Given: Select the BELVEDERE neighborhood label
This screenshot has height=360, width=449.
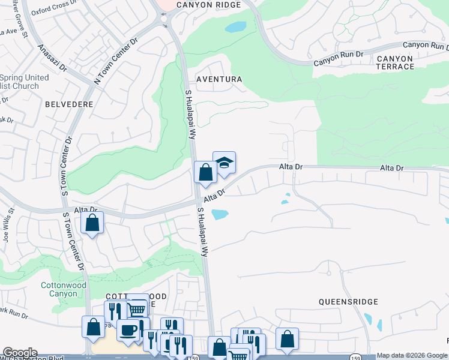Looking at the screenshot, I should [69, 104].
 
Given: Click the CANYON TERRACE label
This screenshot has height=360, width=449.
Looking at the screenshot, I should [395, 62].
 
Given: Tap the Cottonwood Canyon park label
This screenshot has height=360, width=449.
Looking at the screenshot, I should [64, 290].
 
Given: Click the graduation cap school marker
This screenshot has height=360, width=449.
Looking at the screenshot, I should [224, 163].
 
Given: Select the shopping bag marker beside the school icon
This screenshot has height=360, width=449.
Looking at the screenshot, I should [205, 172].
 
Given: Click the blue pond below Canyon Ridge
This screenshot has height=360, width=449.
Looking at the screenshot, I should [235, 27].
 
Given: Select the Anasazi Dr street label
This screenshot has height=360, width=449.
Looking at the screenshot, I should [53, 62].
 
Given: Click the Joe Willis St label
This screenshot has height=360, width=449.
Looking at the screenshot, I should [8, 228].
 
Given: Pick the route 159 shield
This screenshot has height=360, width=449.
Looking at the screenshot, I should [356, 356].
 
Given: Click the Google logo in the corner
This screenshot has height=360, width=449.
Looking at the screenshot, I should [20, 353].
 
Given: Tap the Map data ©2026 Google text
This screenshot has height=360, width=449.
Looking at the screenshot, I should [411, 356].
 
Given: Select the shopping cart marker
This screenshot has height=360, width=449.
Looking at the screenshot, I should [137, 309].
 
